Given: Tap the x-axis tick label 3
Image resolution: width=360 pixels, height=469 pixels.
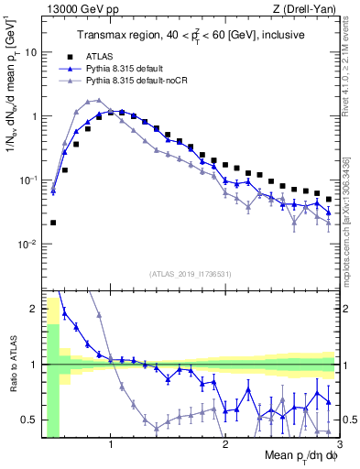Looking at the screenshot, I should point(336,446).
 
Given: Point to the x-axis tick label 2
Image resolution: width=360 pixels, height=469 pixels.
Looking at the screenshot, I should point(224,446).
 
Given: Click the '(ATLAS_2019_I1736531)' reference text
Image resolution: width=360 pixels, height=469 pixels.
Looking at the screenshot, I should point(191,273).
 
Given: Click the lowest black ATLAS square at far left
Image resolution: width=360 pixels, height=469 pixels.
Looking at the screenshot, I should point(53,223).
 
